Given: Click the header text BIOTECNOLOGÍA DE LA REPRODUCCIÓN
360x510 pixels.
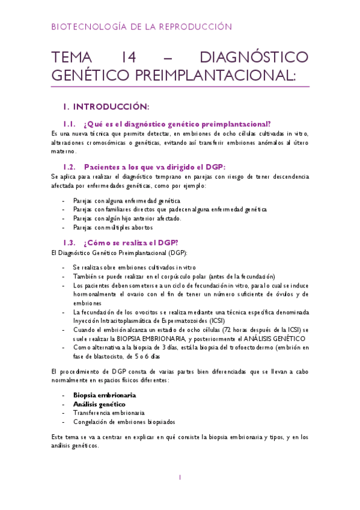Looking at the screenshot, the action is click(141, 27).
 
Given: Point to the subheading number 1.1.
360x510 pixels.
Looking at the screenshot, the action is click(72, 124).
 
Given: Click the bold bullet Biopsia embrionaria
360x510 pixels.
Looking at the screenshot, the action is click(104, 395).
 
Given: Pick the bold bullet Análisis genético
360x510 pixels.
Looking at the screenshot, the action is click(99, 404).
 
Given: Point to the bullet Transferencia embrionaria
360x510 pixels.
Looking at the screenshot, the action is click(108, 413).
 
